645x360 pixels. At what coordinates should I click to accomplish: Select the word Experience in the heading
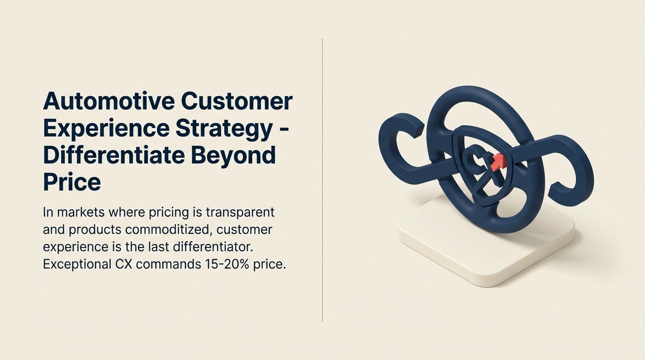[106, 129]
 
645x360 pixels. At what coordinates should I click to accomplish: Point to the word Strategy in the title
[224, 129]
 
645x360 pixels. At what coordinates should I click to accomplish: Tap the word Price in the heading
[72, 182]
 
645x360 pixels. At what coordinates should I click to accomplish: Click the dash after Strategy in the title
[284, 131]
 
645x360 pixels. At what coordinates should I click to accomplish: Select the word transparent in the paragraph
[240, 213]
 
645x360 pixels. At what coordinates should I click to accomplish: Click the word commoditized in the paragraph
[171, 230]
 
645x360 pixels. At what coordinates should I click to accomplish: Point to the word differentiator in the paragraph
[213, 247]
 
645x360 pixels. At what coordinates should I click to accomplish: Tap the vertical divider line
[322, 180]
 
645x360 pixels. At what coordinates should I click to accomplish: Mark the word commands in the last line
[168, 264]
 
